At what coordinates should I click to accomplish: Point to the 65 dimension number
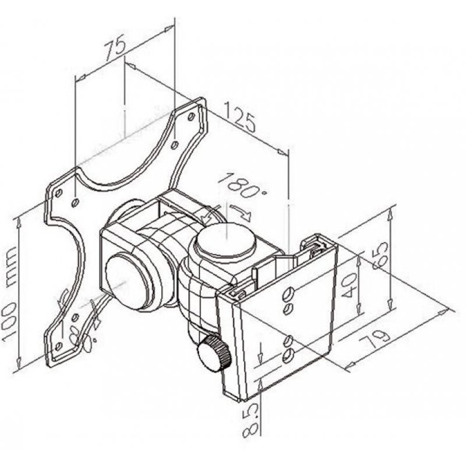pos(379,255)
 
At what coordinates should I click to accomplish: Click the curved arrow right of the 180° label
pos(242,213)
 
